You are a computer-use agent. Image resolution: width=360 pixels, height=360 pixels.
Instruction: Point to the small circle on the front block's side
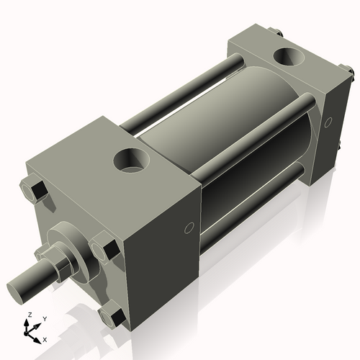pyautogui.click(x=189, y=228)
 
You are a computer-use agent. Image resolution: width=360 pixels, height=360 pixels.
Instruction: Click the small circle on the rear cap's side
pyautogui.click(x=329, y=124)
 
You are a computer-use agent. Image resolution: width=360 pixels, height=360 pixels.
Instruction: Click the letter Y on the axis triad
pyautogui.click(x=44, y=319)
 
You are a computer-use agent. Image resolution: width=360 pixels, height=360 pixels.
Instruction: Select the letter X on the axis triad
pyautogui.click(x=45, y=338)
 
